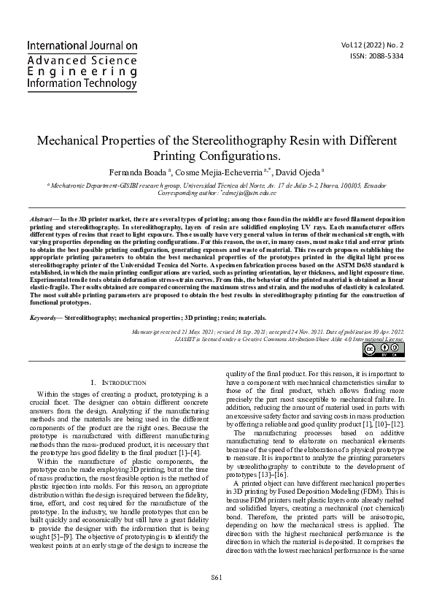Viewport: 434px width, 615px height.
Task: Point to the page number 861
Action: coord(217,577)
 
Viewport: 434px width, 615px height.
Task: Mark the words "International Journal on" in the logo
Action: coord(82,45)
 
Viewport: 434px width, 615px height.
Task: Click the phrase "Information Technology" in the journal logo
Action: coord(82,84)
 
